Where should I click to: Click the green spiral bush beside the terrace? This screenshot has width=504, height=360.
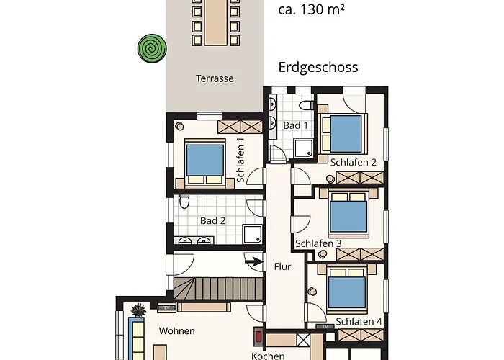pos(152,48)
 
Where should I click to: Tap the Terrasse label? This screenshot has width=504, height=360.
pos(215,78)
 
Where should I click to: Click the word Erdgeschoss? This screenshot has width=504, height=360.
pos(318,67)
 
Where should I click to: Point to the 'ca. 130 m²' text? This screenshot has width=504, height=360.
pos(312,9)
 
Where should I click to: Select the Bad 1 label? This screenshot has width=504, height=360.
pos(295,125)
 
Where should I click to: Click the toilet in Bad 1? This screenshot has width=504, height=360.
pos(307,105)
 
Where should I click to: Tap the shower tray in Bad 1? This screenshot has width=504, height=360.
pos(304,148)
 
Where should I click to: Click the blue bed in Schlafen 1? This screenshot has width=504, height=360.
pos(205,160)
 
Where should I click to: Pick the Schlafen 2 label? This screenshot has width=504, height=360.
pos(354,162)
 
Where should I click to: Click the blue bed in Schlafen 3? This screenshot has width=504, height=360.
pos(348,216)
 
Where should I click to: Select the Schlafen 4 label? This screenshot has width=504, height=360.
pos(359,321)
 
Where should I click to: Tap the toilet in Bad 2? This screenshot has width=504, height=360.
pos(184,201)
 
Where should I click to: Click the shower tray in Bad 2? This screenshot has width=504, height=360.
pos(253,234)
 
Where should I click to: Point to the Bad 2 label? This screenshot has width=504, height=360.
pos(213,221)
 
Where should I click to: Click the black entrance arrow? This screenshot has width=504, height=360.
pos(254,262)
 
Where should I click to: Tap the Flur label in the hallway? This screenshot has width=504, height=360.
pos(282,267)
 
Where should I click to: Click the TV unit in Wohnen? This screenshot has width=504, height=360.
pos(166,308)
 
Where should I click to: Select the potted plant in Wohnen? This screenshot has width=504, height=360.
pos(138,310)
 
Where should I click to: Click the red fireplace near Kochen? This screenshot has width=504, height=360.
pos(258,337)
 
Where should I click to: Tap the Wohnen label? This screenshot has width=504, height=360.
pos(176,330)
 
